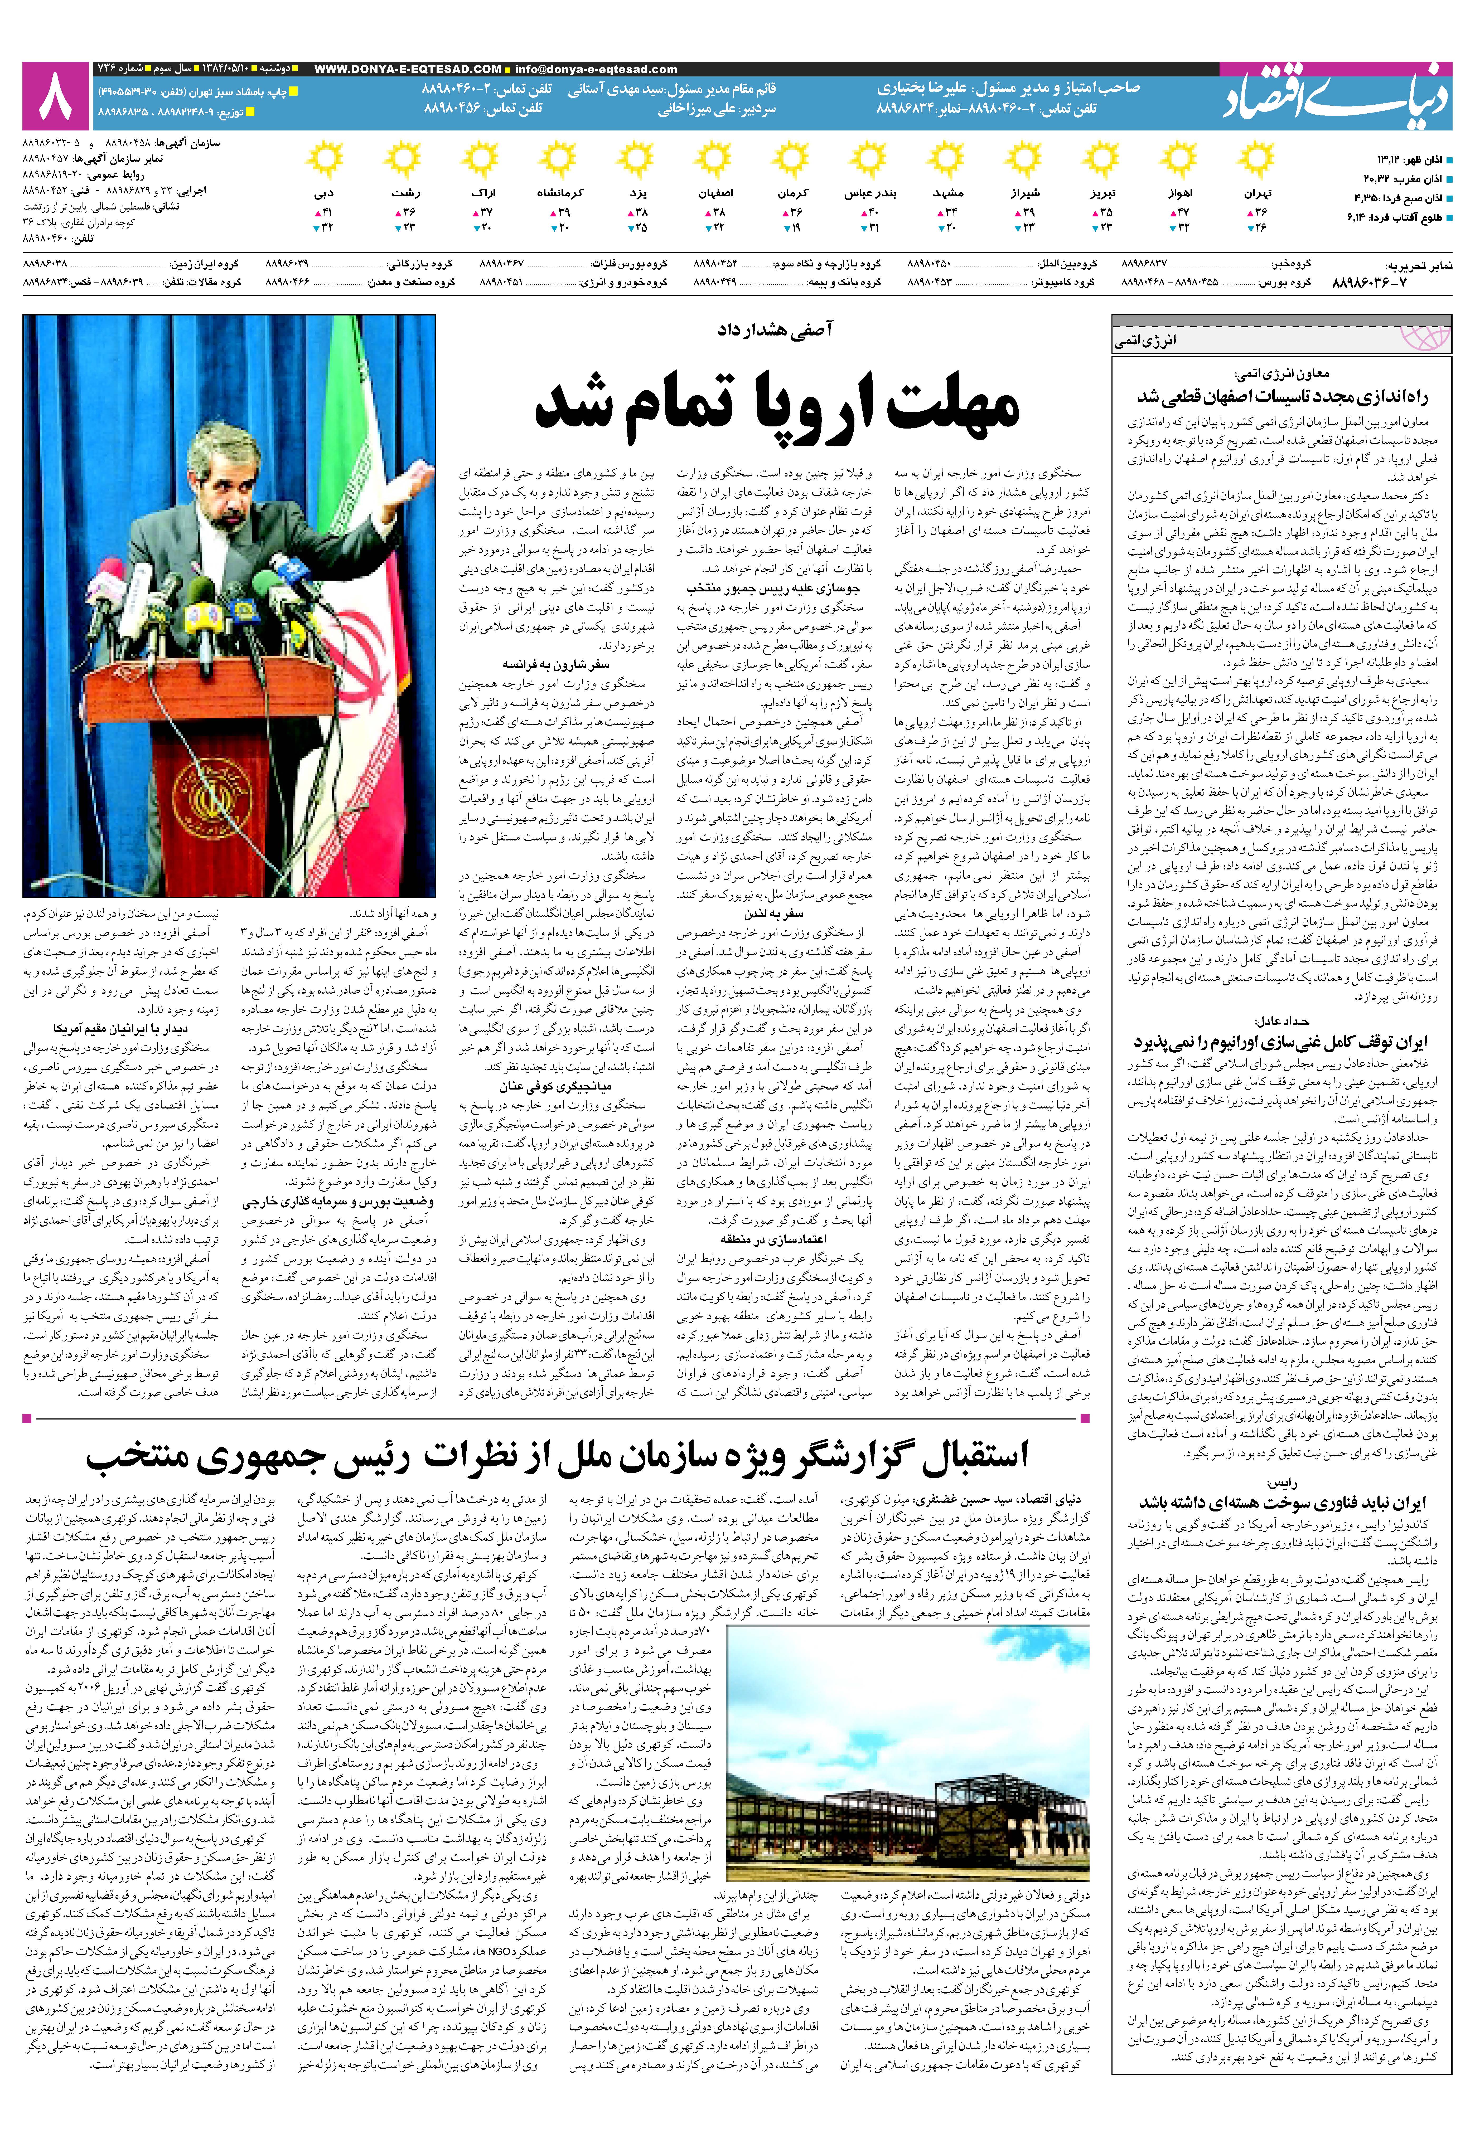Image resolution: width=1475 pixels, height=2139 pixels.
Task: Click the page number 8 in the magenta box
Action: tap(55, 95)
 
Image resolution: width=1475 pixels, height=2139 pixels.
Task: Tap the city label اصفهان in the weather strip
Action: tap(716, 194)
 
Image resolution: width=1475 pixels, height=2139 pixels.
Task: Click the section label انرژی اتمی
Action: tap(1146, 341)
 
